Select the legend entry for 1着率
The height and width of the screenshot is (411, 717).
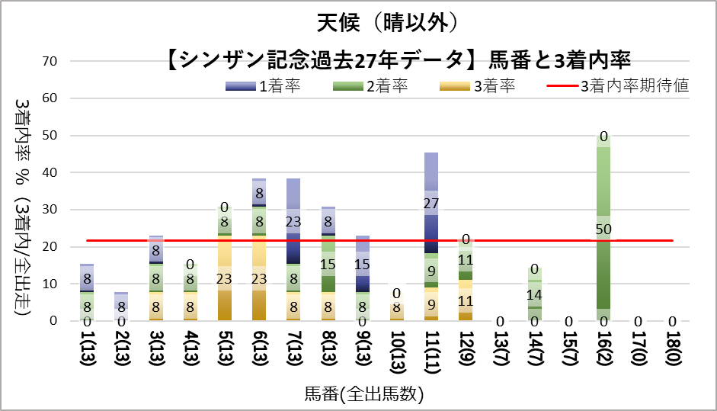click(264, 86)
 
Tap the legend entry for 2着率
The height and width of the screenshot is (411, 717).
click(370, 86)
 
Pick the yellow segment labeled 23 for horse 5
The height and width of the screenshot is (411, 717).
click(224, 278)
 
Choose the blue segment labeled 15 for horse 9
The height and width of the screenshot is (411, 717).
click(363, 264)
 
